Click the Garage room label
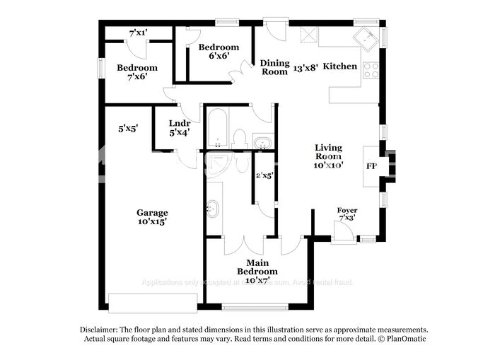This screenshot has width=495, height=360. coord(152,213)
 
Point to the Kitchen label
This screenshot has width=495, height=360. coord(341,66)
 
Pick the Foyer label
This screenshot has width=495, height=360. coord(346,211)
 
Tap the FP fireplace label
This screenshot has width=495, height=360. coord(371,167)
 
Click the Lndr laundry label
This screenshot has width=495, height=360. coord(180,123)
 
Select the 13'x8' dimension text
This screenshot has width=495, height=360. coord(305,67)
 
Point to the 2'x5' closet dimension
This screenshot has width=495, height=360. coord(264,175)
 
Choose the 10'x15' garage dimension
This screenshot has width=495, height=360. coord(152,221)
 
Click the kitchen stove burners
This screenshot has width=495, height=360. coord(370,70)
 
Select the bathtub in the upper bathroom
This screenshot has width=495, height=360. coord(217,127)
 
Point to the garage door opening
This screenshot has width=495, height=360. coord(152,305)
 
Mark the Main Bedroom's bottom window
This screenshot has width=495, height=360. coord(255,306)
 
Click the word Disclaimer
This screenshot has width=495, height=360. coord(98,330)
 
